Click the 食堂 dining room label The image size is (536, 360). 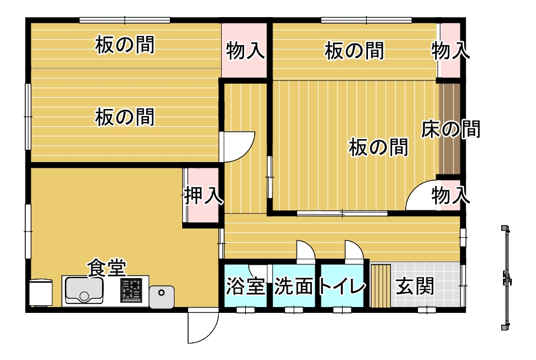(107, 267)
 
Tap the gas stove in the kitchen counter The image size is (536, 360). (131, 290)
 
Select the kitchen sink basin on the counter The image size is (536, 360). (84, 290)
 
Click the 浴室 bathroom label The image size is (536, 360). (245, 286)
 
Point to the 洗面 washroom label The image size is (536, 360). (294, 286)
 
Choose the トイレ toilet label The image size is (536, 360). (342, 286)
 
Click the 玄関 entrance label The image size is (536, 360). (415, 286)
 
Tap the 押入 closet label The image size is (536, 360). (204, 196)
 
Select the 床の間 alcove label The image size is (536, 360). (450, 129)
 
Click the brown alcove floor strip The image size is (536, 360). (449, 129)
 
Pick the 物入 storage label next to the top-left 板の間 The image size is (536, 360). (245, 51)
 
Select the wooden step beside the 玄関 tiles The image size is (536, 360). (381, 285)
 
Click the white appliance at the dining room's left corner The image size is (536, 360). (41, 292)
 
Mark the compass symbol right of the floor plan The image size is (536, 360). (506, 278)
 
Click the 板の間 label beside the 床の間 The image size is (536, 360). (379, 147)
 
